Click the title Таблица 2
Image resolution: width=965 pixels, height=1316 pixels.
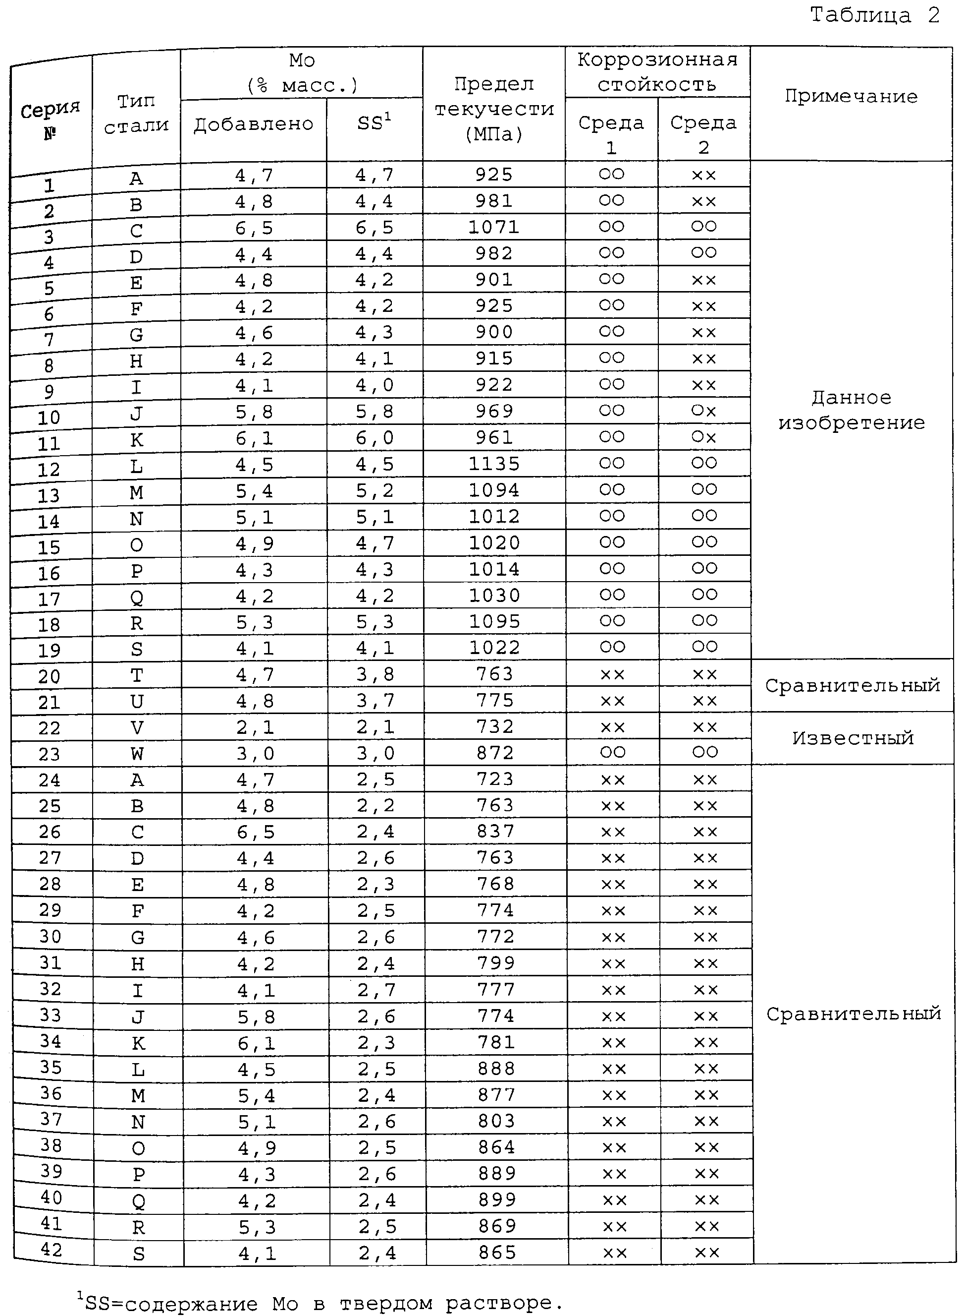pyautogui.click(x=874, y=15)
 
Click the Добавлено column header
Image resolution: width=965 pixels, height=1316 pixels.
pyautogui.click(x=254, y=124)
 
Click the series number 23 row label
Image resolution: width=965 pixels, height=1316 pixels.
pyautogui.click(x=49, y=754)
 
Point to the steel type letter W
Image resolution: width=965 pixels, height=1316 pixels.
pyautogui.click(x=137, y=754)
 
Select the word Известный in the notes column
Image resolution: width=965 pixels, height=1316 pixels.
pyautogui.click(x=852, y=738)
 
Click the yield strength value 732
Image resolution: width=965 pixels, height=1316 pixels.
pyautogui.click(x=495, y=727)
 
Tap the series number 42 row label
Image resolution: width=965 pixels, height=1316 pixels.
pyautogui.click(x=52, y=1250)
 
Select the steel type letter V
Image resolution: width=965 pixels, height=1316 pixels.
pyautogui.click(x=137, y=728)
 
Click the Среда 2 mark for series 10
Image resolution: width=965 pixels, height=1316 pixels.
pyautogui.click(x=704, y=411)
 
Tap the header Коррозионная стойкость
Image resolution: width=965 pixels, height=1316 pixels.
pyautogui.click(x=657, y=72)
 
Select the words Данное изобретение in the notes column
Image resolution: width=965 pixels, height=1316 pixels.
pyautogui.click(x=851, y=410)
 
